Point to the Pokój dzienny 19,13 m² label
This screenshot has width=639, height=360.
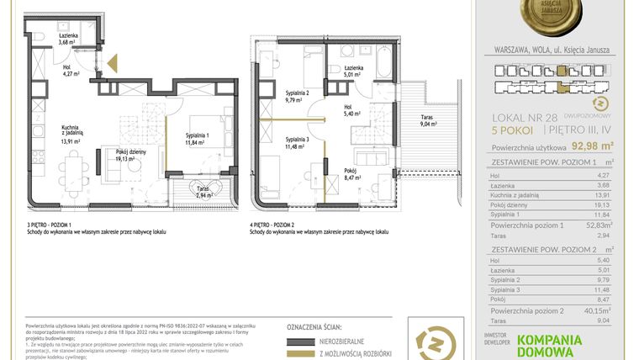pos(119,156)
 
